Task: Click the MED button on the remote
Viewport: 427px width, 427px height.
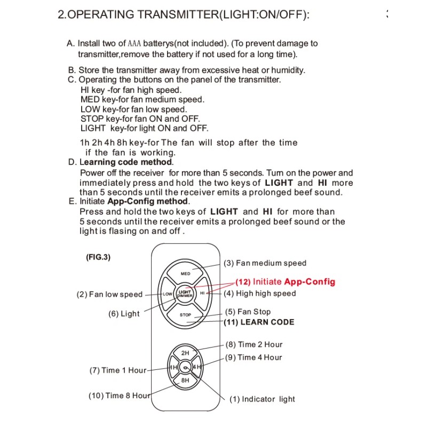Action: (185, 273)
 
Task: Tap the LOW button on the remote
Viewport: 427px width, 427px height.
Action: (168, 294)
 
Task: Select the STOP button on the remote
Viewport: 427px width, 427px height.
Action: (185, 314)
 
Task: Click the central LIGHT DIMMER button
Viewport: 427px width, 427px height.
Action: (185, 294)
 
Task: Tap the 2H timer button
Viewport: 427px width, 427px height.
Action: (185, 353)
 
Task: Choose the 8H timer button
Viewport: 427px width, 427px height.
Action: (185, 381)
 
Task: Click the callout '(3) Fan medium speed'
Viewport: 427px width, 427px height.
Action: (265, 263)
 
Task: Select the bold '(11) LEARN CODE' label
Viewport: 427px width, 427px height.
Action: (259, 322)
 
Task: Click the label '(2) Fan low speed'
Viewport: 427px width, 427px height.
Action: (110, 294)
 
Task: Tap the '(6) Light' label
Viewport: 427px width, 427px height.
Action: (124, 314)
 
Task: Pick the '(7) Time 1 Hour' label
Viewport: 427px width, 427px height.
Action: (117, 370)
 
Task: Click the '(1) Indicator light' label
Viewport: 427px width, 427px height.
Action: (262, 399)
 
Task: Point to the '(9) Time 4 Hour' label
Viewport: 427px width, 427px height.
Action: (254, 358)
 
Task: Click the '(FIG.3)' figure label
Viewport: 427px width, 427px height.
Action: (98, 257)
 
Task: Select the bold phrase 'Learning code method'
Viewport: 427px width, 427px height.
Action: (126, 162)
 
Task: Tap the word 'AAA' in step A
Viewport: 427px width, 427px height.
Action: (134, 44)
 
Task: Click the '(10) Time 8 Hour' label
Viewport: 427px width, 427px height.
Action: (120, 396)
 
